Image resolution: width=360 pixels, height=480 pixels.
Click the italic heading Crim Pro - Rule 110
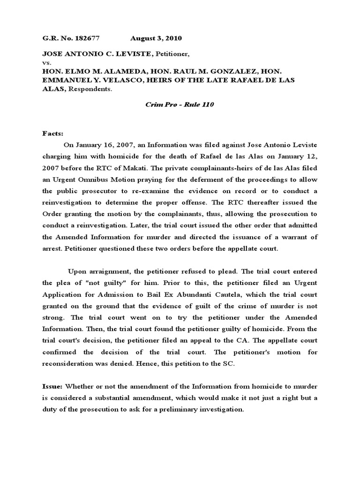pyautogui.click(x=180, y=105)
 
